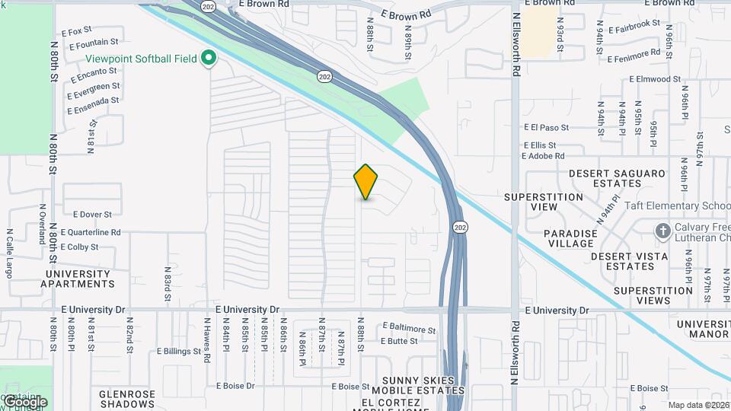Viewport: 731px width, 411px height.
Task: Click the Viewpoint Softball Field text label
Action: [141, 59]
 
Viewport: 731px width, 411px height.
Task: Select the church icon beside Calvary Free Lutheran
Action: [662, 230]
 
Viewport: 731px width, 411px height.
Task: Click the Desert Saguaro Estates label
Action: [616, 178]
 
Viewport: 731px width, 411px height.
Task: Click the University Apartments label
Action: [78, 279]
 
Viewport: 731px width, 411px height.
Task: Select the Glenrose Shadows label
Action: [127, 399]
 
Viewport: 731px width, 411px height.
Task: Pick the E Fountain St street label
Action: [94, 44]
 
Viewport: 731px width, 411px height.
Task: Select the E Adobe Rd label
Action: [543, 156]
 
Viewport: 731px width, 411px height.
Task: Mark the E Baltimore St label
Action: [410, 330]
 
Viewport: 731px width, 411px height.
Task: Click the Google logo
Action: [24, 402]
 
